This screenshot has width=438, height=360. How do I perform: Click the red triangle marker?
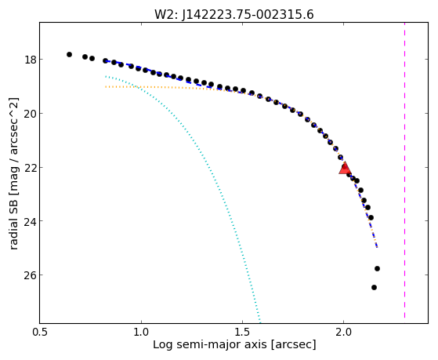pos(345,168)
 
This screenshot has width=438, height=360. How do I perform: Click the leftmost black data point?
pos(69,55)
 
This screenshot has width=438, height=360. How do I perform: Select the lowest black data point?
pos(374,287)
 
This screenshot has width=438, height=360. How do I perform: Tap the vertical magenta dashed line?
pos(404,170)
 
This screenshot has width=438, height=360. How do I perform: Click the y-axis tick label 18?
pos(30,60)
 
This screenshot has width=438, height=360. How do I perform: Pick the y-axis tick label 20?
pos(30,114)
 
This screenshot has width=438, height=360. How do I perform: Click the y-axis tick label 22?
pos(30,168)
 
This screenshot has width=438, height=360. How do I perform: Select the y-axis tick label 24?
pos(30,221)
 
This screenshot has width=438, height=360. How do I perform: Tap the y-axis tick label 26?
pos(30,275)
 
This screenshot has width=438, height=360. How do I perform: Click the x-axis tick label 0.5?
pos(40,332)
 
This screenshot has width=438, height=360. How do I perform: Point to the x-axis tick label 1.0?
pos(142,332)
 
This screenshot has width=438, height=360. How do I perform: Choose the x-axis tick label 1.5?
pos(243,332)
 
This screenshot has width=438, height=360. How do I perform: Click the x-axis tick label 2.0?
pos(344,332)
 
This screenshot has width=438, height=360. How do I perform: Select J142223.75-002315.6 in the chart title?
pos(248,15)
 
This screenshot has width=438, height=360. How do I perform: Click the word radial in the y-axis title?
pos(13,235)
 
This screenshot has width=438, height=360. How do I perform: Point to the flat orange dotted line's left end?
pos(106,87)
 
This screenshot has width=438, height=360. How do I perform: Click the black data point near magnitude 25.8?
pos(377,268)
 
